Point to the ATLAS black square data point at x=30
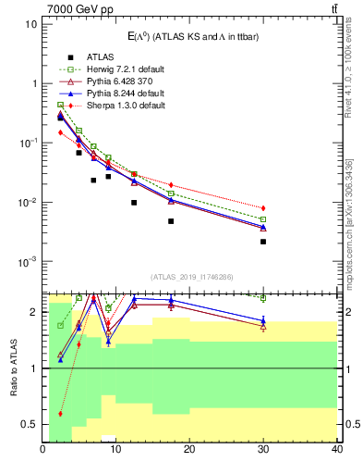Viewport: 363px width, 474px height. [263, 242]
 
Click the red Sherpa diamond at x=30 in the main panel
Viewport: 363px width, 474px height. [263, 208]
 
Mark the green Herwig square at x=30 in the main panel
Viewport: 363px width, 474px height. [263, 219]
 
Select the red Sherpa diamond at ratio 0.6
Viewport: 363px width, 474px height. [61, 414]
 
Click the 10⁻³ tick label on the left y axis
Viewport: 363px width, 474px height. [28, 262]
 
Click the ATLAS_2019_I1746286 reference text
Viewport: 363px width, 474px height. [191, 277]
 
